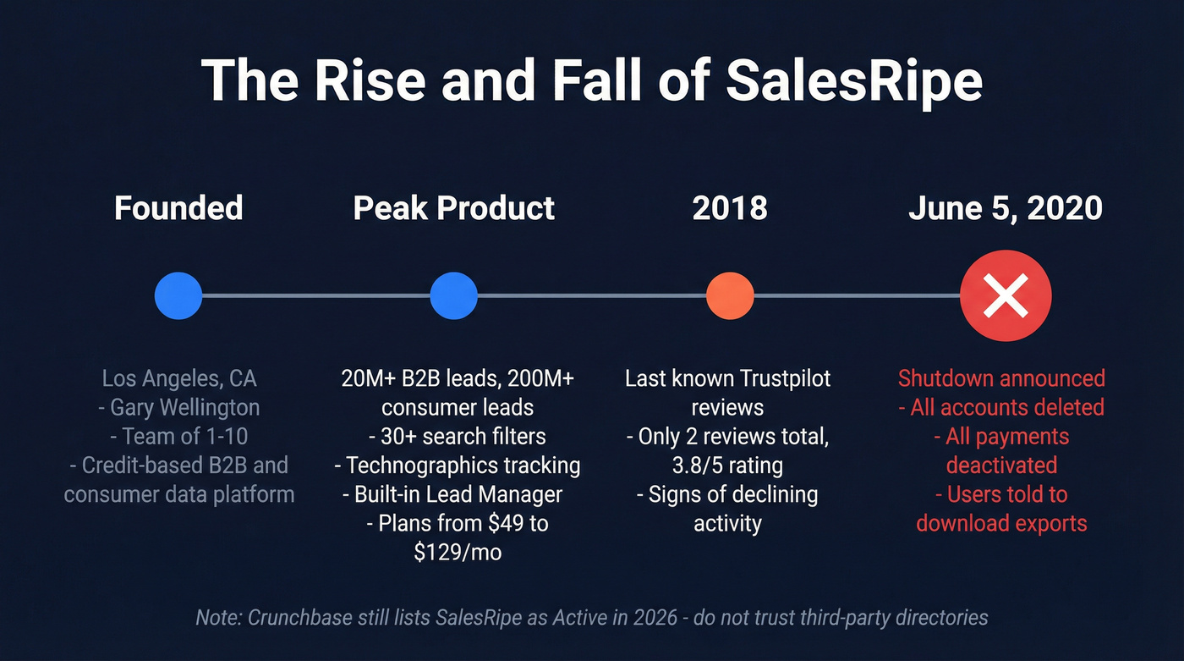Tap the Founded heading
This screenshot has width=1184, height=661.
[178, 207]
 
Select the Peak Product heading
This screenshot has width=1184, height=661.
[454, 207]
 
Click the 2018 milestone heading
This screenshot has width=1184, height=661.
[729, 207]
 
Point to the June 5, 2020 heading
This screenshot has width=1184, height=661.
[1005, 207]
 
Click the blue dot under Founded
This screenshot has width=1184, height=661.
[178, 296]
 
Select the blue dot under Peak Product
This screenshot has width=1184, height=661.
[454, 296]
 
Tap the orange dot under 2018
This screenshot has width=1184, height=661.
[729, 296]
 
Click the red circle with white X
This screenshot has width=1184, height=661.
[1006, 296]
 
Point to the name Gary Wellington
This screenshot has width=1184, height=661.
[184, 407]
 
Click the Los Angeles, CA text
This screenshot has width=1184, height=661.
[178, 378]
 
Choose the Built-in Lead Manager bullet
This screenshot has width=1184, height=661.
[458, 493]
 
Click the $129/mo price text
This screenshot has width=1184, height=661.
[458, 552]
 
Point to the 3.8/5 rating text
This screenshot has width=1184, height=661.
[727, 465]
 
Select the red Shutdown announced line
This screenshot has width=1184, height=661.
[1001, 378]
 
